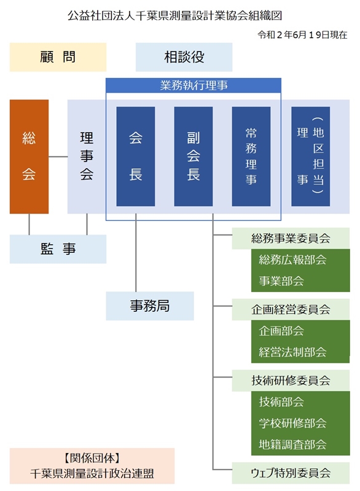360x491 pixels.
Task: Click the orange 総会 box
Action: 29,157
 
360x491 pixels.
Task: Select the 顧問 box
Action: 58,57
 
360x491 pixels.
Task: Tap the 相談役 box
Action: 184,57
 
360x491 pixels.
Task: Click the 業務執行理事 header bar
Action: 194,85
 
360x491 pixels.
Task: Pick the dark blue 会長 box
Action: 136,157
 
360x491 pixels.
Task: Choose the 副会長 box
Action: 194,157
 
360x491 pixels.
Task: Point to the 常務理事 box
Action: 251,157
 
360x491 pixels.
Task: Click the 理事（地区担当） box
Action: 310,157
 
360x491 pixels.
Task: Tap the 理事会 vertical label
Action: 87,156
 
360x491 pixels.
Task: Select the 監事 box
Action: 58,249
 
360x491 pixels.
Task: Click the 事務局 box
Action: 150,306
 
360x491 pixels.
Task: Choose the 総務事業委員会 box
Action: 291,239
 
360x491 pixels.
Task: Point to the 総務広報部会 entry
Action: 292,260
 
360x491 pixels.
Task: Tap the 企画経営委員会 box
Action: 291,310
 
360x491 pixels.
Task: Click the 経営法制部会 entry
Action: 292,352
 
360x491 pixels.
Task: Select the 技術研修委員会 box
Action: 291,381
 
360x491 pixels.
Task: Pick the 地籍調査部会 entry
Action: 292,444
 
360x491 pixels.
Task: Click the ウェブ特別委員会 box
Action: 291,473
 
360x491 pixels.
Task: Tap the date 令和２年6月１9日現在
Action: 302,35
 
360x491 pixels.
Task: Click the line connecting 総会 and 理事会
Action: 58,157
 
